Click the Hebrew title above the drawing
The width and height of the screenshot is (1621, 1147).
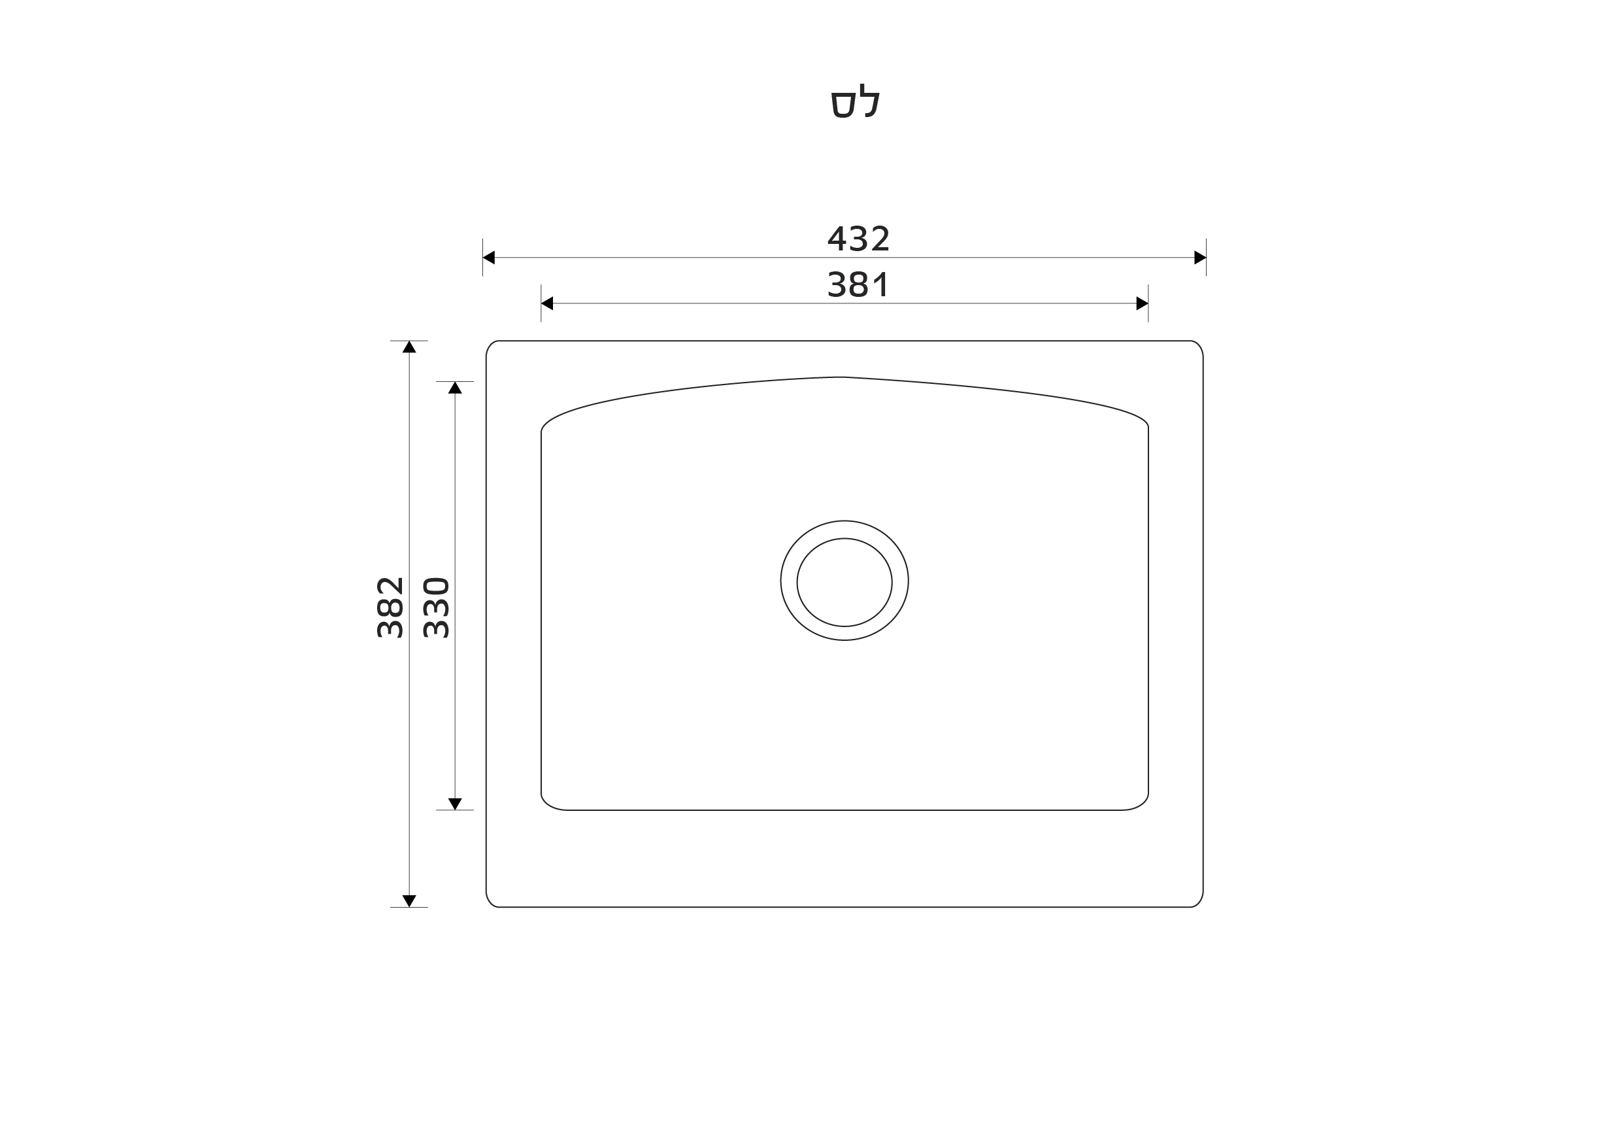coord(855,103)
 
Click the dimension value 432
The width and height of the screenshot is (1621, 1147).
coord(858,239)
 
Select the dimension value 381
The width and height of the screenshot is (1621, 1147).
coord(858,284)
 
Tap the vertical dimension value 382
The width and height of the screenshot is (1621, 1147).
coord(390,608)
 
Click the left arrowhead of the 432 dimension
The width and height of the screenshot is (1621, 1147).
coord(488,258)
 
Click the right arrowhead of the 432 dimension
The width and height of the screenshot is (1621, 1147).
coord(1200,258)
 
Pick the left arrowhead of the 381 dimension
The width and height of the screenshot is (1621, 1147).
coord(547,303)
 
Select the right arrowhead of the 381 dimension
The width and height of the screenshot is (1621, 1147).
coord(1143,303)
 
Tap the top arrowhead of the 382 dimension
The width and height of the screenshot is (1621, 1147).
coord(409,347)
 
